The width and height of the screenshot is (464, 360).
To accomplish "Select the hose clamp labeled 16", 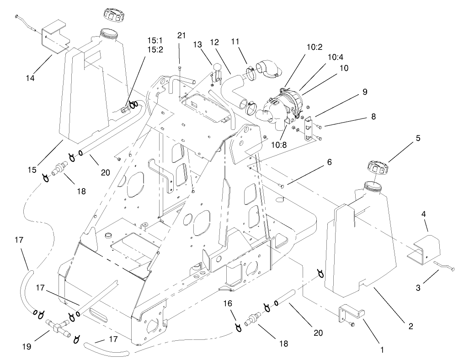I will (x=238, y=327).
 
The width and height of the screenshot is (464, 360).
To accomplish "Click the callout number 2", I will (x=410, y=326).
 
